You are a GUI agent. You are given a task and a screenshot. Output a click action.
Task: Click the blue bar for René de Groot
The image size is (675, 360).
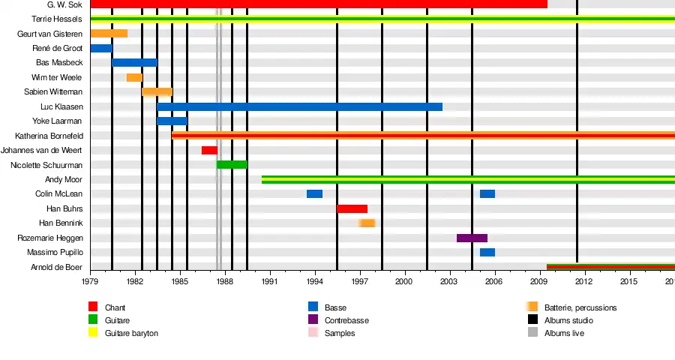tap(101, 48)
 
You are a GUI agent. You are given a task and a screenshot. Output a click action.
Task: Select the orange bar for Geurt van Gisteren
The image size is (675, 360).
tap(109, 34)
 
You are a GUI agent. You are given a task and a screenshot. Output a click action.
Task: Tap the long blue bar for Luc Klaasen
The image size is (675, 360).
tap(299, 106)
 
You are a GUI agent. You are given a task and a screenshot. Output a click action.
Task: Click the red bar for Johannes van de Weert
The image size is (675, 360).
tap(209, 150)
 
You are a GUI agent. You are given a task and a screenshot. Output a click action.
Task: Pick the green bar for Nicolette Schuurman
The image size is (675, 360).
tap(232, 165)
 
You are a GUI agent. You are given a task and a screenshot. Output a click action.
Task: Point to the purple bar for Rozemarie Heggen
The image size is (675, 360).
tap(472, 238)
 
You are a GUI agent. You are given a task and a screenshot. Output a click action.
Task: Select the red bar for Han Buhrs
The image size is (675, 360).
tap(352, 208)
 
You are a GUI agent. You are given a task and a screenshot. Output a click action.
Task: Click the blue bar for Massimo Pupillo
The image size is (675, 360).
tap(487, 252)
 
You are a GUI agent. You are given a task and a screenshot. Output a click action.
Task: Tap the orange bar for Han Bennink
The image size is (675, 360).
tap(367, 223)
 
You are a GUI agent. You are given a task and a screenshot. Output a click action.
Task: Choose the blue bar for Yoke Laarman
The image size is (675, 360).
tap(172, 121)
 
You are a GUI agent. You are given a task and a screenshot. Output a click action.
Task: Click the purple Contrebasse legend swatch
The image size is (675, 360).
tap(313, 320)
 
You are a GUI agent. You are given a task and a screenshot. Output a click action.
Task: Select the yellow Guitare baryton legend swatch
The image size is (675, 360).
tap(94, 333)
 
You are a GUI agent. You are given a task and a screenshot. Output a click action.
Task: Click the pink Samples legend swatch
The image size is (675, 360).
tap(313, 333)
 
